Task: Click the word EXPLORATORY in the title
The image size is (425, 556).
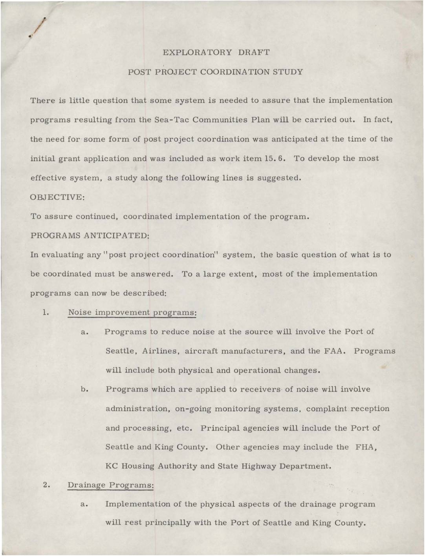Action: pos(197,53)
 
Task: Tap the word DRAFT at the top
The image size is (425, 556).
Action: pos(254,53)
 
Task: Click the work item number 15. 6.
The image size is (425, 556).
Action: pos(275,159)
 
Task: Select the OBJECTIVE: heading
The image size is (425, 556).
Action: pos(57,197)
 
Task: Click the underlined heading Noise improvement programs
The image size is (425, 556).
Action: pos(132,313)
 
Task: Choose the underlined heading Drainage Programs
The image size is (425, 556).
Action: pos(110,485)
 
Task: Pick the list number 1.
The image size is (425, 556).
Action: pos(46,313)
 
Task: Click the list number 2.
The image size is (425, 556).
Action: pos(46,485)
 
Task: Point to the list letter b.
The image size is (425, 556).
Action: pos(84,389)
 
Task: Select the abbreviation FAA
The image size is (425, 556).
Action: pos(335,351)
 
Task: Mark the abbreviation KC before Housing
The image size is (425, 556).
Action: pos(111,466)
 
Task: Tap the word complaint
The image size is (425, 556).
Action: pos(326,409)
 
